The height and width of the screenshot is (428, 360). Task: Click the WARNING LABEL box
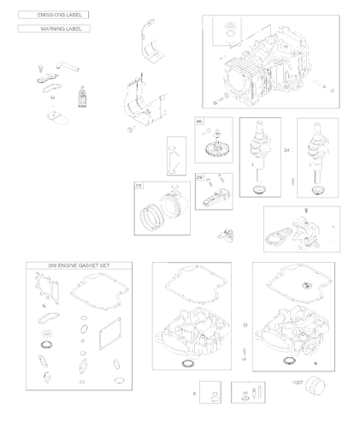(54, 29)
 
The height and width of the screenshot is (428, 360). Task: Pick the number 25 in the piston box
(139, 185)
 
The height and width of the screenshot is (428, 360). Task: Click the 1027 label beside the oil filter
(298, 382)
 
